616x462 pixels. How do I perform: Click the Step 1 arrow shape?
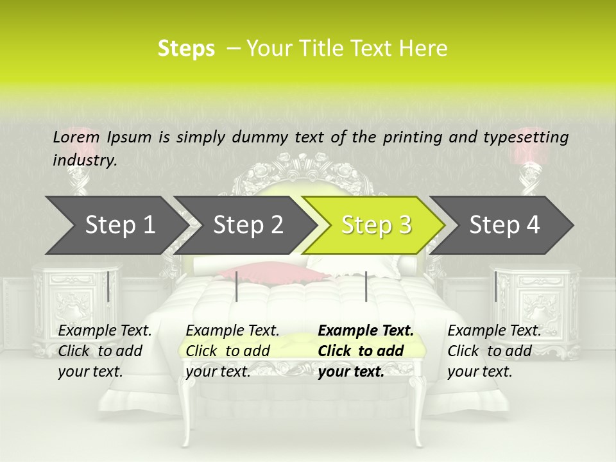[x=116, y=225]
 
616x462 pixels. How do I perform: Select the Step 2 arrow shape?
[x=247, y=225]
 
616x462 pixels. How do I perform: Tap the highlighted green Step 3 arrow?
[x=375, y=225]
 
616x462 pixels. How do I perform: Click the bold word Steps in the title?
[x=186, y=49]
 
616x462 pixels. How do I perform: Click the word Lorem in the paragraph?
[x=76, y=137]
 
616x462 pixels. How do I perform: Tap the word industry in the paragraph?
[x=84, y=160]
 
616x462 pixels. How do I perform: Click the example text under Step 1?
[x=105, y=351]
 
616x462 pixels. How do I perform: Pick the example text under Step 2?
[x=232, y=351]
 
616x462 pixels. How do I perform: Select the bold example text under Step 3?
[x=366, y=351]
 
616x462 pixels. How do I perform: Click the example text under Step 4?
[x=494, y=351]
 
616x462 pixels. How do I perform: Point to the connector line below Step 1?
[x=108, y=286]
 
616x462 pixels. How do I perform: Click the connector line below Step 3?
[x=366, y=286]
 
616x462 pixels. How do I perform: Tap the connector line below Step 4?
[x=495, y=286]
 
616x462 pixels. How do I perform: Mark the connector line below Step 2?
[x=237, y=286]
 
